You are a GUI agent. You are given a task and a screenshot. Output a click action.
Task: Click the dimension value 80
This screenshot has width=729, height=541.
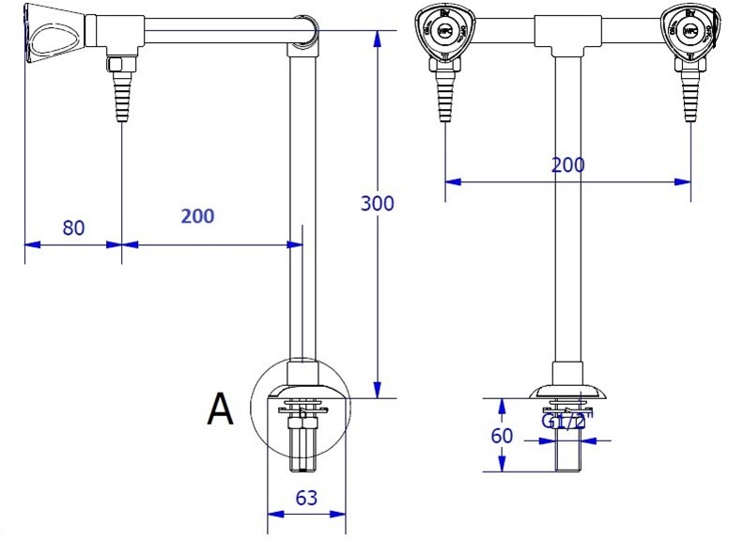pos(73,227)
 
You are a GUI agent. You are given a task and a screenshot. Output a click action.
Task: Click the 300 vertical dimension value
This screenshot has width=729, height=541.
pos(378,204)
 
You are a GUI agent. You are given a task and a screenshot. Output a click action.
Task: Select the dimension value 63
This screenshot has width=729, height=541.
pos(306,499)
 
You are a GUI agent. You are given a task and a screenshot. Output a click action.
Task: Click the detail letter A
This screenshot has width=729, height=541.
pos(220,410)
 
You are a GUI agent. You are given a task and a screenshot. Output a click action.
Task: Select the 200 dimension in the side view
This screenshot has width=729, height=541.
pos(197,215)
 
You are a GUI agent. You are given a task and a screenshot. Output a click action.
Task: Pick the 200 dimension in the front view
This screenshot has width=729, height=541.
pos(567,165)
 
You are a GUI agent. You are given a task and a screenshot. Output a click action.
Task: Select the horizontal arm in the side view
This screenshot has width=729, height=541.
pos(216,35)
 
